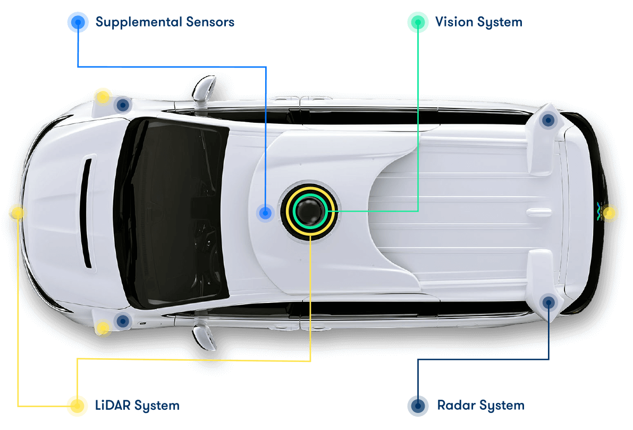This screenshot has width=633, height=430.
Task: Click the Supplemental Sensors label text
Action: [165, 22]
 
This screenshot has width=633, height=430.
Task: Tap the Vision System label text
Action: [478, 22]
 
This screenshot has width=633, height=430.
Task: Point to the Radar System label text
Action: [480, 406]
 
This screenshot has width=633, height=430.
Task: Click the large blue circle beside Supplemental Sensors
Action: [78, 22]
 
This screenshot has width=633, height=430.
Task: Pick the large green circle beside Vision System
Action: [418, 22]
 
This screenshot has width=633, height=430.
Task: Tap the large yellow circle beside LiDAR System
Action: [77, 406]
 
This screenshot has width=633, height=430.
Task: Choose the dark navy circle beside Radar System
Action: [418, 406]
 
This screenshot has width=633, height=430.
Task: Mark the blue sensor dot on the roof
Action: [265, 213]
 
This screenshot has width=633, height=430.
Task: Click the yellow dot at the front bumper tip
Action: [17, 213]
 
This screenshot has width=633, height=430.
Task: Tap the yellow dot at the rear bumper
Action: [610, 214]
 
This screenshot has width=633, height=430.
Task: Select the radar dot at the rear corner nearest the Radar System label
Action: [548, 303]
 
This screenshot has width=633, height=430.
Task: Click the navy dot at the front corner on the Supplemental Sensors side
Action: [123, 105]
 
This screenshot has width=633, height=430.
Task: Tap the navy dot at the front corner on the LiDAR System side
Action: [123, 321]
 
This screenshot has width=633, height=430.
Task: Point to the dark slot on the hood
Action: [88, 213]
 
